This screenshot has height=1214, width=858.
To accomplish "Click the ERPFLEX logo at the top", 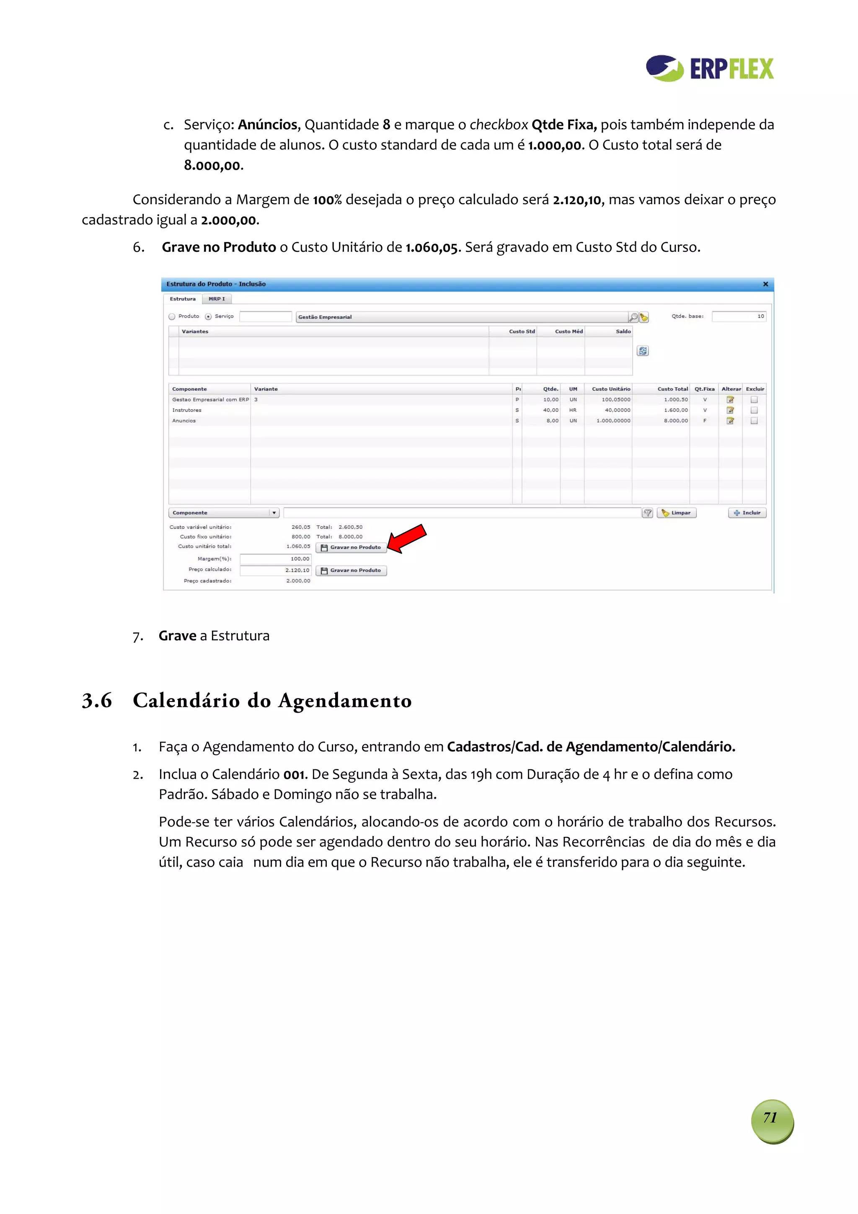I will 709,68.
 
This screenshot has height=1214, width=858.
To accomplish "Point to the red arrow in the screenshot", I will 407,538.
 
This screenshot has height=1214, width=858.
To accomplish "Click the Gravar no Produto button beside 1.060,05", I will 351,547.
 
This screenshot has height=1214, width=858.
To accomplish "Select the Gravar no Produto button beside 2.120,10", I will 351,570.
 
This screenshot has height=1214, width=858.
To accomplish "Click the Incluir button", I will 747,513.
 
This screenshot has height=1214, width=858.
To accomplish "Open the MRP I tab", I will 216,299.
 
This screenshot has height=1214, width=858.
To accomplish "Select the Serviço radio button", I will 208,317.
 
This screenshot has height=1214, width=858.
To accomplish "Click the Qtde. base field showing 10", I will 738,316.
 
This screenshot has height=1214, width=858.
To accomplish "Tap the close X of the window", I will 765,284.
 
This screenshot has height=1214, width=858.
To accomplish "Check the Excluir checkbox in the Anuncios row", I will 754,421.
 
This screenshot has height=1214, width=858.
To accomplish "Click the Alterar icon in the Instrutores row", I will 730,410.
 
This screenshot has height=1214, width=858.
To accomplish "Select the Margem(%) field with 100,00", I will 275,559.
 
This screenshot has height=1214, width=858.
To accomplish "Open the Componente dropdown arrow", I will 274,513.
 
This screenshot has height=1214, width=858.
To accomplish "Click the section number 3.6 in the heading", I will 97,701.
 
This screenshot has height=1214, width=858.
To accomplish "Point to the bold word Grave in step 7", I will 177,636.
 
